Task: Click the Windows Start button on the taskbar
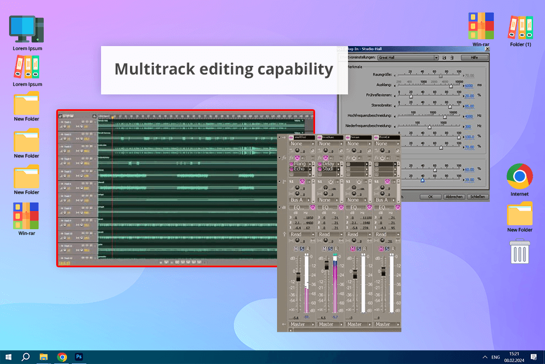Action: (x=8, y=357)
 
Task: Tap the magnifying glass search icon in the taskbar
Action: (x=26, y=357)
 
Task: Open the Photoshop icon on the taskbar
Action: (x=79, y=357)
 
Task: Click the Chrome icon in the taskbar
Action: (x=62, y=357)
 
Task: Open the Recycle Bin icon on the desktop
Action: (x=519, y=251)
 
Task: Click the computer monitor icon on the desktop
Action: (x=27, y=29)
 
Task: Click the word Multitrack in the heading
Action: (x=148, y=69)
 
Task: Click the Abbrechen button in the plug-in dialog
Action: (x=453, y=197)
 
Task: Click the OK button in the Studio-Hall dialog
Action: (x=431, y=197)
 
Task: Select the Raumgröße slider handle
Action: (x=441, y=75)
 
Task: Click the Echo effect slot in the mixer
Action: (x=300, y=169)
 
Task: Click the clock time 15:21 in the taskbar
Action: (x=514, y=353)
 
